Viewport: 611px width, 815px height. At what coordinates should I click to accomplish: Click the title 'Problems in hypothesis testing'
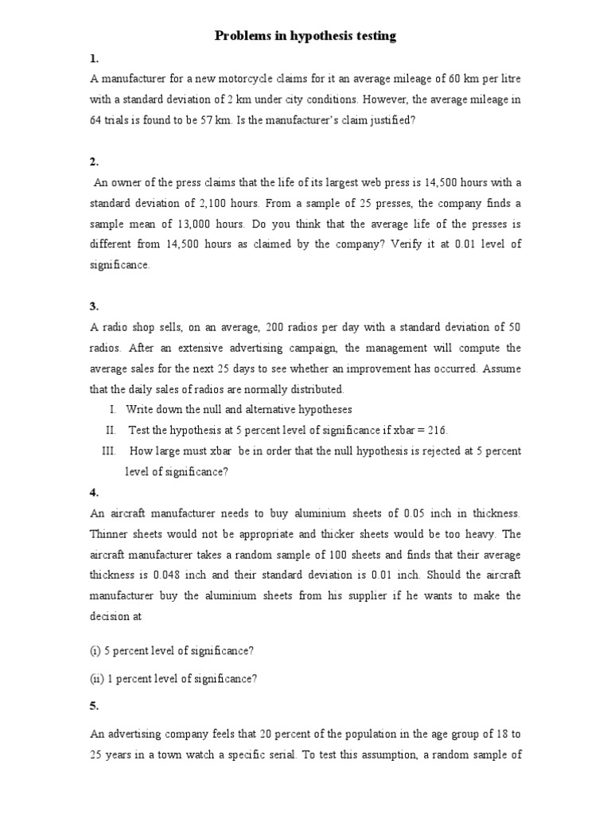pos(305,37)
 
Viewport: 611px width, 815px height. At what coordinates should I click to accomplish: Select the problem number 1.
pos(94,59)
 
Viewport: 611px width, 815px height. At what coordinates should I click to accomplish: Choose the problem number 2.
pos(94,162)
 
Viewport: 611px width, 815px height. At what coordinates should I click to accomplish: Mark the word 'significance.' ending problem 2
pos(119,265)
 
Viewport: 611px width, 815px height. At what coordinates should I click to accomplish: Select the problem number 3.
pos(94,306)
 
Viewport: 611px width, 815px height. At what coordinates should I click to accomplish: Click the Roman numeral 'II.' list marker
pos(111,430)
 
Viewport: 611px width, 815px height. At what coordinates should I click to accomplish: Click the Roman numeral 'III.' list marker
pos(110,450)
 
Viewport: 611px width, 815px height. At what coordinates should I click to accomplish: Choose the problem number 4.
pos(94,493)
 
